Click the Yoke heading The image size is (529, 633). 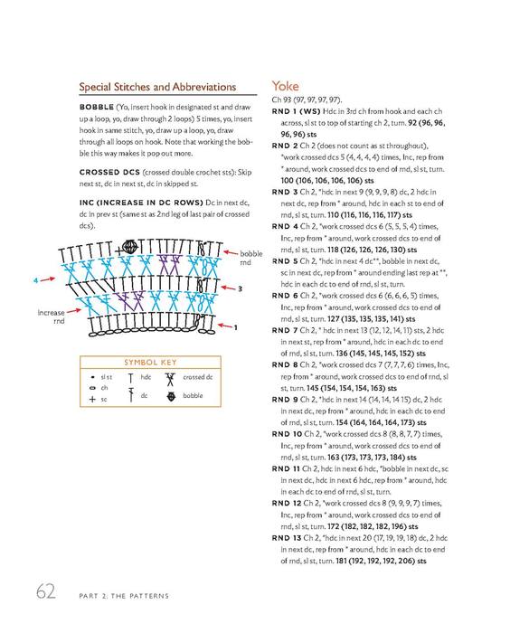click(285, 86)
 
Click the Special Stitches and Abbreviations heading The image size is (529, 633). click(157, 87)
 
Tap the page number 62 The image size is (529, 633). click(46, 591)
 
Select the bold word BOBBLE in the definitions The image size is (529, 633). click(97, 107)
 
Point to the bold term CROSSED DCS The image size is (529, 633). click(109, 172)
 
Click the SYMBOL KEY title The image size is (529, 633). click(150, 362)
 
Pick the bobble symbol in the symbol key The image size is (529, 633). click(171, 396)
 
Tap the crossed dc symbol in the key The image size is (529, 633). click(170, 379)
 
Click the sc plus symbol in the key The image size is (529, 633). click(92, 400)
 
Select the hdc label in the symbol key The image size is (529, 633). click(146, 377)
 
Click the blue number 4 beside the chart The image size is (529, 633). click(36, 280)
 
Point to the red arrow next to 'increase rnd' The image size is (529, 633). click(74, 311)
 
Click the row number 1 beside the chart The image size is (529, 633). click(236, 327)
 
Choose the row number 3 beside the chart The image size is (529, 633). click(240, 289)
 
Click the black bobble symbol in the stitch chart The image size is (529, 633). click(130, 247)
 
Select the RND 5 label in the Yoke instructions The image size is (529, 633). click(285, 261)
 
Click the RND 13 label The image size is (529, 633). click(287, 538)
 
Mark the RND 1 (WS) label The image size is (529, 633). click(296, 111)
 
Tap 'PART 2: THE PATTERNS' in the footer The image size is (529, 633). click(124, 596)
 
